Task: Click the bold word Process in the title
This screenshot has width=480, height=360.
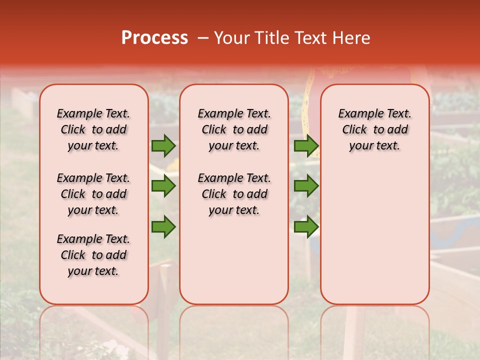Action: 154,37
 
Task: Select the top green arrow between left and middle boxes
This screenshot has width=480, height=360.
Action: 163,145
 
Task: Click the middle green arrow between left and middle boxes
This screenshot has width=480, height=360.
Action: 163,186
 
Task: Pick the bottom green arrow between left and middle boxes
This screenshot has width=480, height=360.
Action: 163,226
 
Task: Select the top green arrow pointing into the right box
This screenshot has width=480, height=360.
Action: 306,145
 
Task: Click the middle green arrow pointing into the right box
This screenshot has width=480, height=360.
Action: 306,186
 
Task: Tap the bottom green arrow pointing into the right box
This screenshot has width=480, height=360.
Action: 306,226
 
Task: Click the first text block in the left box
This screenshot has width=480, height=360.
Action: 93,129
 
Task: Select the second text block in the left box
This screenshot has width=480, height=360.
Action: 93,194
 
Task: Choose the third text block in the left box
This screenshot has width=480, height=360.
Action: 93,255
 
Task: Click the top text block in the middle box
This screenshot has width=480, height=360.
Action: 234,129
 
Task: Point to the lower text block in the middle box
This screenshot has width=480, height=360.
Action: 234,194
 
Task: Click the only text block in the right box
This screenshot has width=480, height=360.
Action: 375,129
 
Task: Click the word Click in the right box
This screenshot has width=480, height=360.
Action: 354,129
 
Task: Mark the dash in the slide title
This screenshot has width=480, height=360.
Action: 202,37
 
